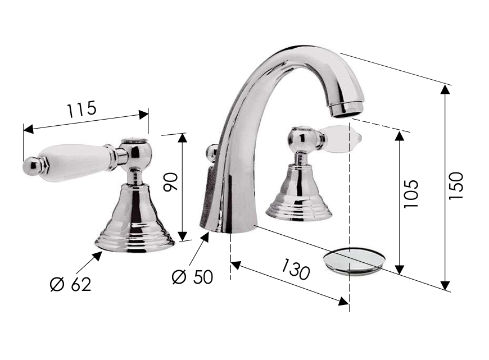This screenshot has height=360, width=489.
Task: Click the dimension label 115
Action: (x=81, y=110)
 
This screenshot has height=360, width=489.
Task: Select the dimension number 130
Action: (x=295, y=269)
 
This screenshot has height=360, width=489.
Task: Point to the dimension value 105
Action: (x=410, y=194)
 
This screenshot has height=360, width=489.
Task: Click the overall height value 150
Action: (x=456, y=186)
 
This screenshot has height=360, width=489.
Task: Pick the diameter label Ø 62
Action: (x=71, y=284)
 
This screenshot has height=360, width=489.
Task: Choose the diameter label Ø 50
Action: (x=192, y=276)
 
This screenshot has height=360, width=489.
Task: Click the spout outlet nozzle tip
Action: (x=347, y=108)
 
